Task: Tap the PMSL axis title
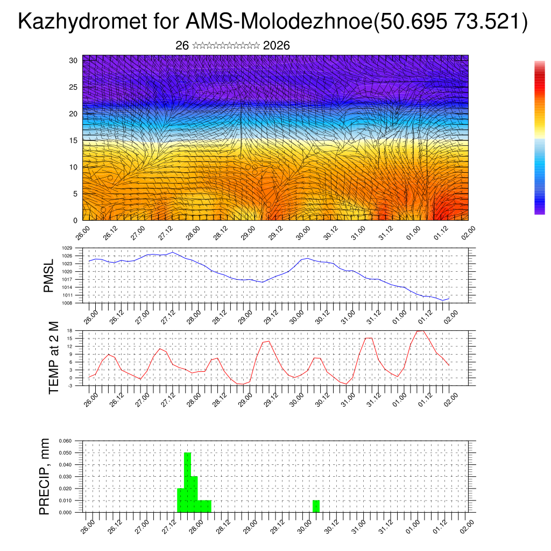(x=49, y=275)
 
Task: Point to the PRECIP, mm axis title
(x=45, y=476)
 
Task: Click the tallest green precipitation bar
(x=187, y=482)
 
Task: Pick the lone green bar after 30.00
(x=316, y=506)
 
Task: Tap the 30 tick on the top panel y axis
(x=74, y=60)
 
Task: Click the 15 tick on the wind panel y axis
(x=74, y=140)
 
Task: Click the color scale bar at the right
(x=539, y=137)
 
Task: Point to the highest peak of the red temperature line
(x=421, y=331)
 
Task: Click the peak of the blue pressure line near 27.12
(x=172, y=252)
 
